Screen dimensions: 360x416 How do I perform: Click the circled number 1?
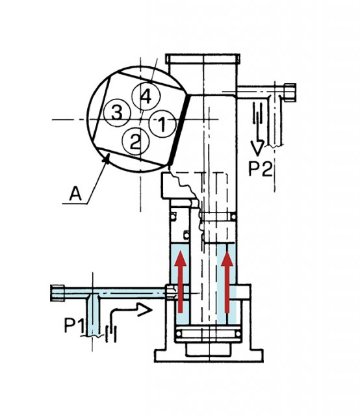click(162, 124)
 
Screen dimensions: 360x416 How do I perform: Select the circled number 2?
click(135, 142)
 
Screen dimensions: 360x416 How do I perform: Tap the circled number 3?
click(117, 113)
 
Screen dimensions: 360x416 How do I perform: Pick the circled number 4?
click(146, 96)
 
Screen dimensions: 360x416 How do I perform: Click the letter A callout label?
click(75, 194)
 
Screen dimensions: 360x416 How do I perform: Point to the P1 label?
click(75, 325)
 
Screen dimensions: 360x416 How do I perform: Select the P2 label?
click(260, 169)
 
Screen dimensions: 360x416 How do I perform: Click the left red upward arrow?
click(181, 281)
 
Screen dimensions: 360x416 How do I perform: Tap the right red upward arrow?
click(227, 281)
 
